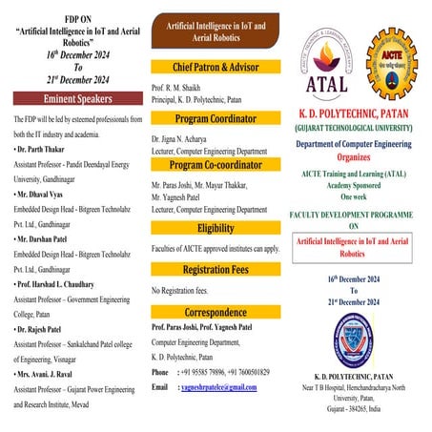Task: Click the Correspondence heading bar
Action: tap(215, 312)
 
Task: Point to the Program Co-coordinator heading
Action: tap(215, 164)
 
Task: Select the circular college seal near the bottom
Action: tap(354, 338)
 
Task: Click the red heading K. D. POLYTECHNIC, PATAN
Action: tap(354, 113)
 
